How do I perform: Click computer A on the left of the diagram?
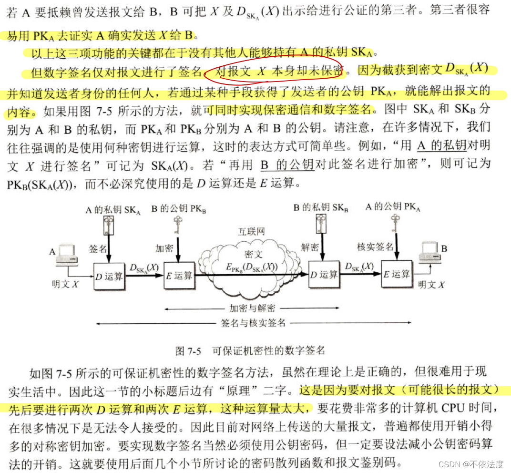point(65,255)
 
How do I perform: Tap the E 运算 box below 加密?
point(179,275)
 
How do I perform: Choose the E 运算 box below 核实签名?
point(396,274)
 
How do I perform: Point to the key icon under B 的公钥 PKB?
point(177,224)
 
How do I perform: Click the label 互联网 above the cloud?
point(251,232)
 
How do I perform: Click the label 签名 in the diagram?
point(97,248)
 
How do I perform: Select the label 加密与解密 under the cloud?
point(252,308)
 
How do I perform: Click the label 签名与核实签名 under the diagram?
point(253,323)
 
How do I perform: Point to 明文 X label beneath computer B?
point(431,285)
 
